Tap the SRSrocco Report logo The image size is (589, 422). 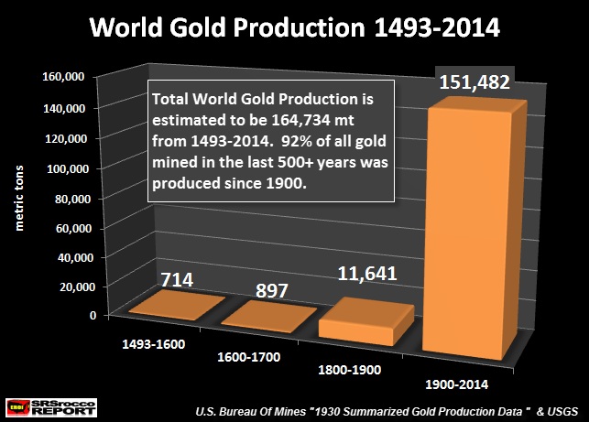(x=43, y=404)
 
